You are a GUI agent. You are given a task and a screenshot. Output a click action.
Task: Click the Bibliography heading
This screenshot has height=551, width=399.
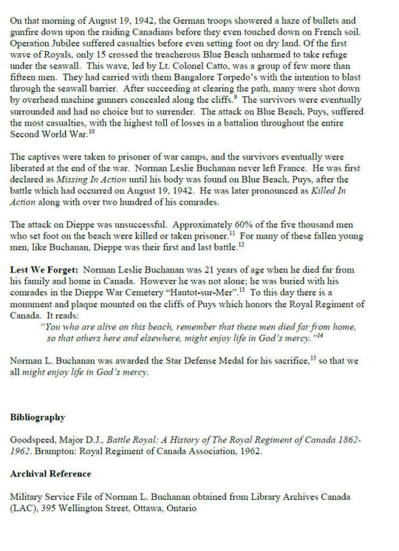pyautogui.click(x=37, y=417)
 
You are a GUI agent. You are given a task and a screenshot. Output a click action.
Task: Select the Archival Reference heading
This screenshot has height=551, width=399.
pyautogui.click(x=51, y=474)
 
